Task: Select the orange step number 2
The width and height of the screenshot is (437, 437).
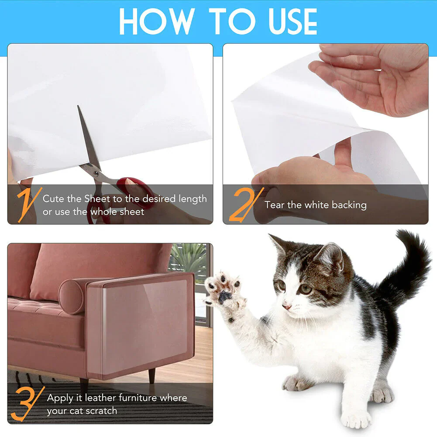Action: tap(244, 204)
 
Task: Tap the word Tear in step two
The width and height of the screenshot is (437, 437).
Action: tap(274, 205)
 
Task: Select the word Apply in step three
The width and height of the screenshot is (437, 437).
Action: tap(60, 398)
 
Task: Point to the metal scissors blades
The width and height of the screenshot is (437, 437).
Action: tap(89, 140)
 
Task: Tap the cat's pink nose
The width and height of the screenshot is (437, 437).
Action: tap(287, 307)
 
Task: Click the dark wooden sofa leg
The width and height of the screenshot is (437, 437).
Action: tap(151, 375)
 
